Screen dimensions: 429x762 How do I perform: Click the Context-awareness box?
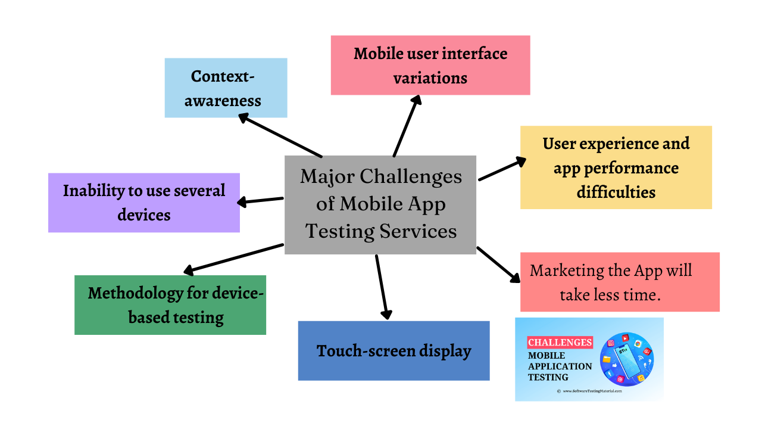pos(226,88)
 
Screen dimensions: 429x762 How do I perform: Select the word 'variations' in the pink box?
pos(430,78)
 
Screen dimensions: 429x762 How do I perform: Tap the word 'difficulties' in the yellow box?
pos(616,192)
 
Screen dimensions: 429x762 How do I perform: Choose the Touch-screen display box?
pos(394,351)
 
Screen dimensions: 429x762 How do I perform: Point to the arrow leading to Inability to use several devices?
pos(260,201)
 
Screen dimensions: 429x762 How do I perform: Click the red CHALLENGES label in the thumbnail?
pos(560,343)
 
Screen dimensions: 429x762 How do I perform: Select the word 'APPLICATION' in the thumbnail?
pos(560,366)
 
